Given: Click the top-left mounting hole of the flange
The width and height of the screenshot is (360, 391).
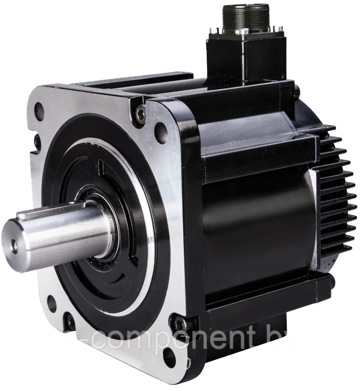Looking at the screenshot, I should pyautogui.click(x=39, y=111).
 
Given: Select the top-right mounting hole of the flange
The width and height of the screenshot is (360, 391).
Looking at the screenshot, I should pyautogui.click(x=161, y=133).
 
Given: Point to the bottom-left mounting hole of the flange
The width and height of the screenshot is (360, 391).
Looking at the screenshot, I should pyautogui.click(x=52, y=304).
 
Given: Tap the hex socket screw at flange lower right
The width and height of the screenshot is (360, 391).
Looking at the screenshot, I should pyautogui.click(x=180, y=323).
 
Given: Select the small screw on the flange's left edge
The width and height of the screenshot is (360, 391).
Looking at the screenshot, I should pyautogui.click(x=38, y=142).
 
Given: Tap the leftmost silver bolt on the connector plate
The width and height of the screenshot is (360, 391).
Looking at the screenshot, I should pyautogui.click(x=214, y=30).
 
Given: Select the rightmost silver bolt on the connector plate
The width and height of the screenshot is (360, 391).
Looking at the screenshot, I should pyautogui.click(x=277, y=28).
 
